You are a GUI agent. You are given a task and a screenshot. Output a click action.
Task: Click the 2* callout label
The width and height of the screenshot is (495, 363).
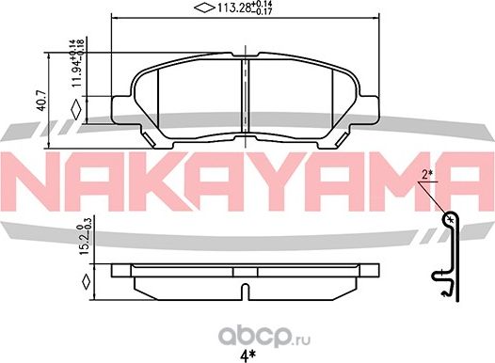(427, 173)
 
